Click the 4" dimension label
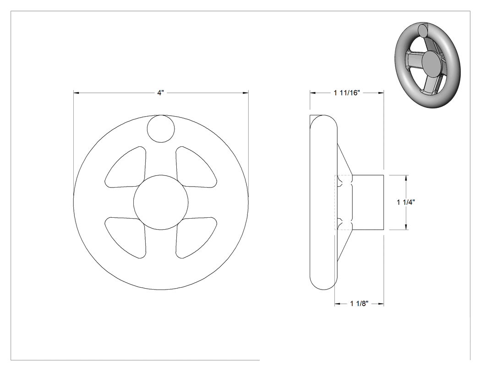tap(161, 92)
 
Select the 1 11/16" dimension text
tap(347, 92)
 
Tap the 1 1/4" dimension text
tap(406, 202)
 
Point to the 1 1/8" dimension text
tap(359, 304)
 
